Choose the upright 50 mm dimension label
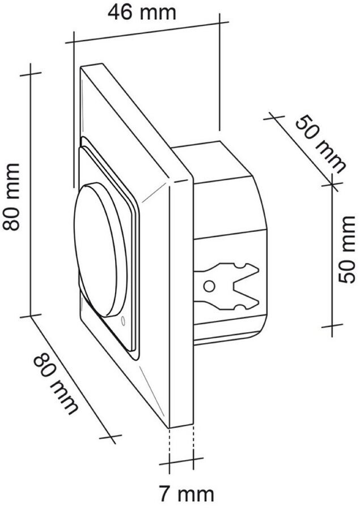(x=346, y=249)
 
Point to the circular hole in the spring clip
(x=209, y=285)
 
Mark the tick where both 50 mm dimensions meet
(x=332, y=183)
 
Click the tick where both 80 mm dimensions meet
(x=32, y=315)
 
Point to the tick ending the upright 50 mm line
(x=332, y=326)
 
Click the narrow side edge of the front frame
(x=182, y=300)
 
